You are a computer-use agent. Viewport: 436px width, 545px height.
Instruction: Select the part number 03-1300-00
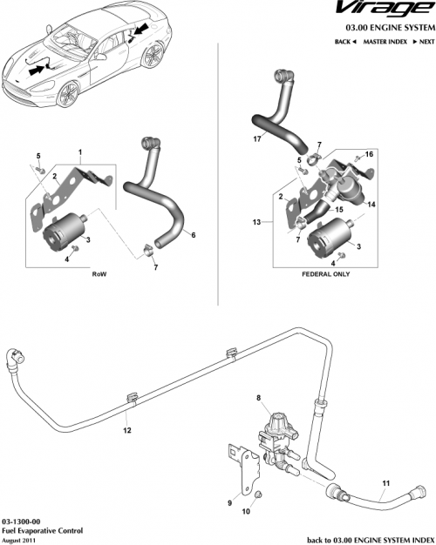click(x=22, y=520)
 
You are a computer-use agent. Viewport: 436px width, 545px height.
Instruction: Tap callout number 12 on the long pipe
click(x=127, y=430)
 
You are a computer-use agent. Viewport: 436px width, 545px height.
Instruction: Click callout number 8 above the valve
click(x=257, y=397)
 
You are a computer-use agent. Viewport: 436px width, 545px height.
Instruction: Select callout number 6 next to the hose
click(x=193, y=235)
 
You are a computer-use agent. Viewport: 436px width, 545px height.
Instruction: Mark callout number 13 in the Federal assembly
click(x=256, y=223)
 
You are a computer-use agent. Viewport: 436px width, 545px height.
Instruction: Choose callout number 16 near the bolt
click(x=369, y=154)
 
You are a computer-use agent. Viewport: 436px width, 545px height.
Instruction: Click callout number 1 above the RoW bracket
click(x=80, y=151)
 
